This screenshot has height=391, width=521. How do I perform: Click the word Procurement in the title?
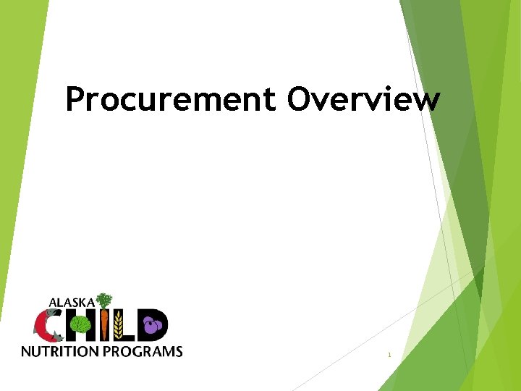click(170, 100)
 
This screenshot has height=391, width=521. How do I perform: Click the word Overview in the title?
click(363, 100)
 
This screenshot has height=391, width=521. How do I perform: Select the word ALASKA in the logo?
click(72, 301)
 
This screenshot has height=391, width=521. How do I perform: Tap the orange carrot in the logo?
click(106, 325)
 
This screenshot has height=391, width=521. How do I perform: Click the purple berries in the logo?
click(151, 326)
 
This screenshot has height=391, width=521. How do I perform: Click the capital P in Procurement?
click(75, 100)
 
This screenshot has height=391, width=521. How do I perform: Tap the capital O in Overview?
click(300, 99)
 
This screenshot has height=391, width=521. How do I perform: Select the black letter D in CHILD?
click(158, 325)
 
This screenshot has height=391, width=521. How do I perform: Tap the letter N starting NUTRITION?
click(25, 352)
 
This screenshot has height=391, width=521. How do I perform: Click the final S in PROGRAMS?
click(179, 352)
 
